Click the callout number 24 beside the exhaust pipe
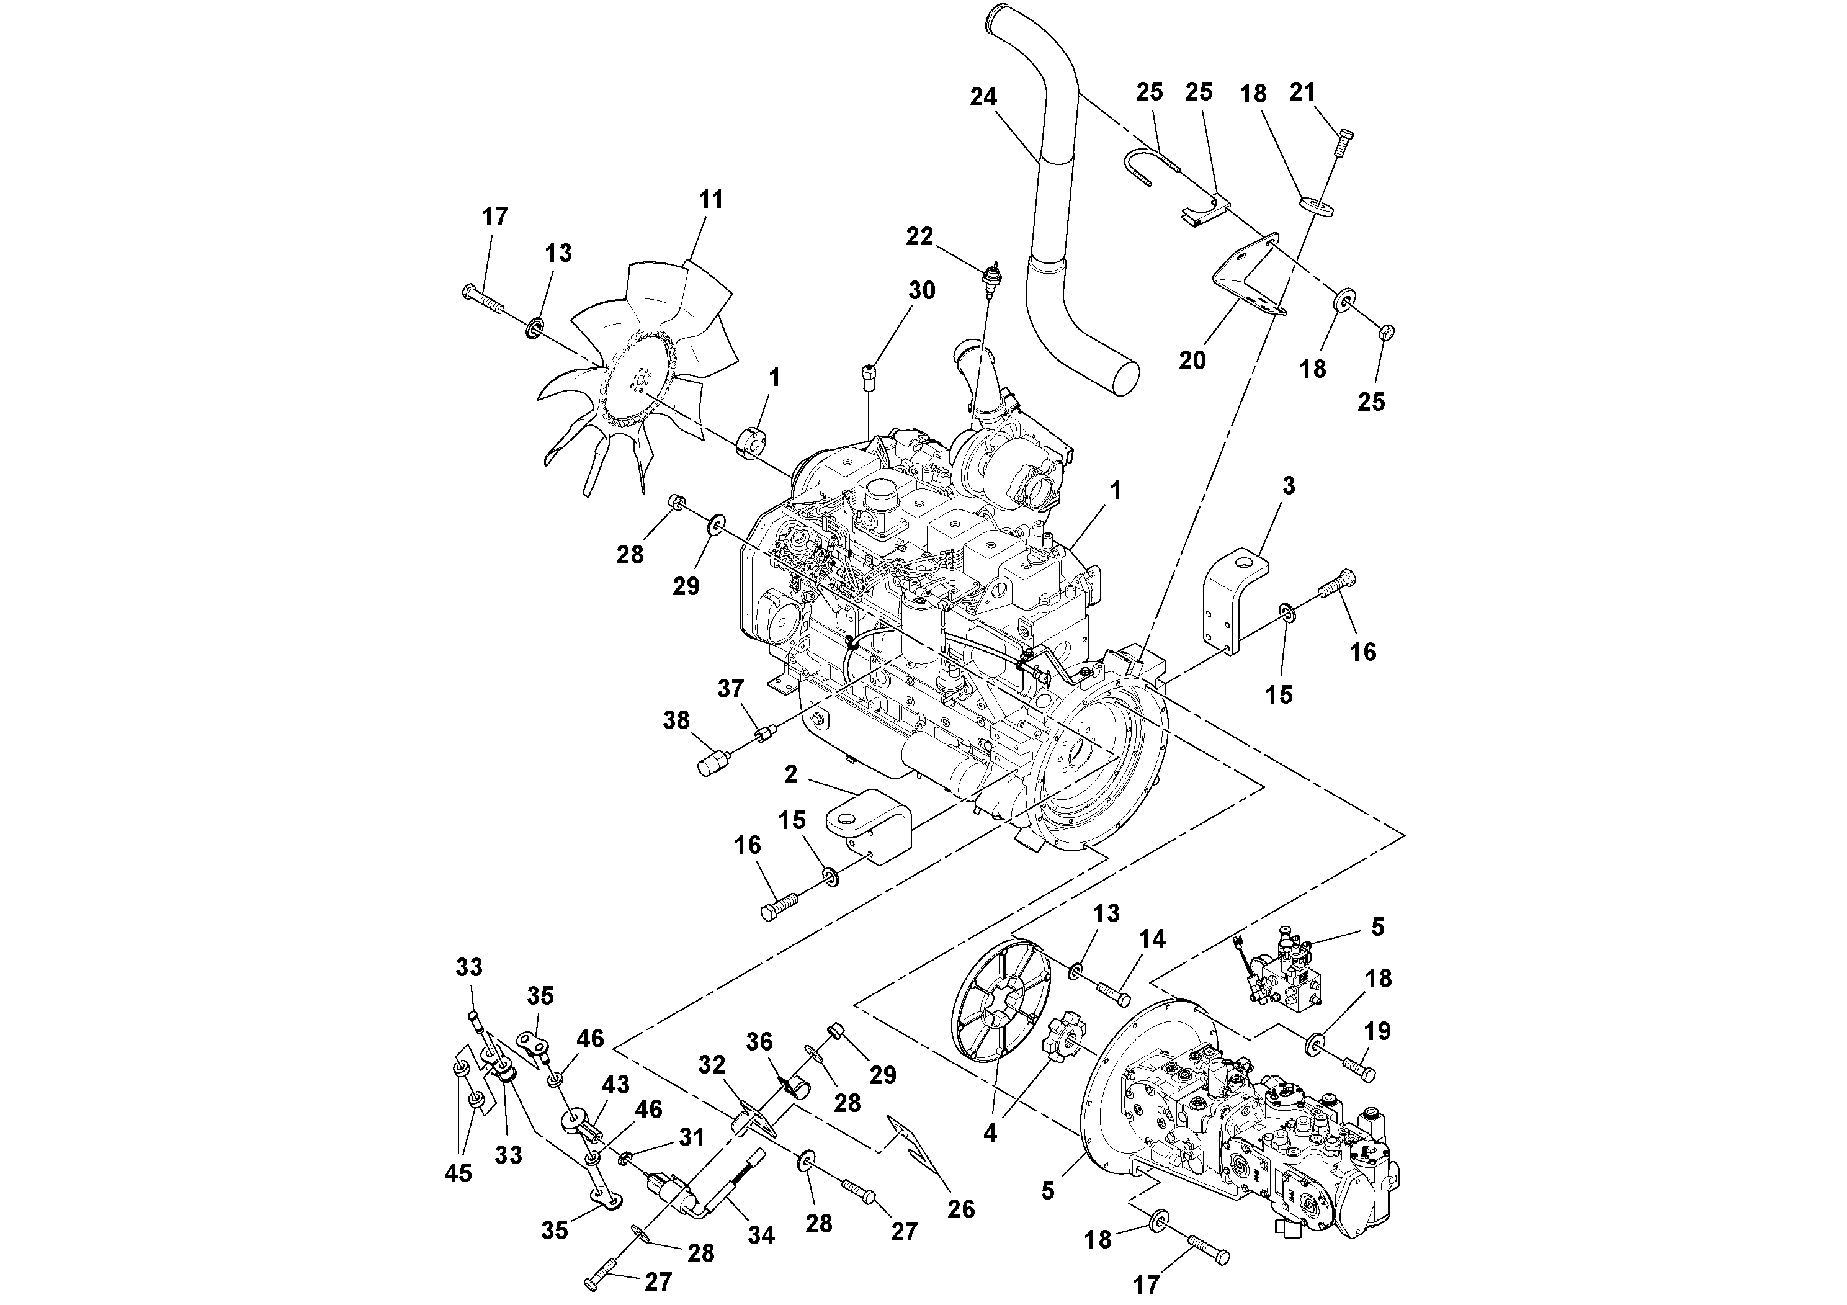tap(983, 97)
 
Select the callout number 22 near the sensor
tap(919, 236)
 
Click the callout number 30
tap(922, 290)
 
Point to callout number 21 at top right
tap(1302, 92)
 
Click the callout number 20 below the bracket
tap(1192, 361)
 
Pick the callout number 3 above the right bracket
tap(1289, 486)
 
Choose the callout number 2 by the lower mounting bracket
tap(791, 775)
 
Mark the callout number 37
tap(730, 689)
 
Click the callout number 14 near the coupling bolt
tap(1152, 939)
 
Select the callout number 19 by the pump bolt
tap(1377, 1031)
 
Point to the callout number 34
tap(761, 1235)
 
